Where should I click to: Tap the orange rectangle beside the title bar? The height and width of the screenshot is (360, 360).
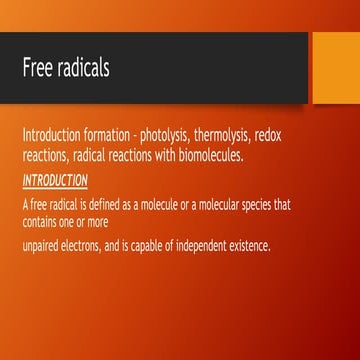pos(334,67)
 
